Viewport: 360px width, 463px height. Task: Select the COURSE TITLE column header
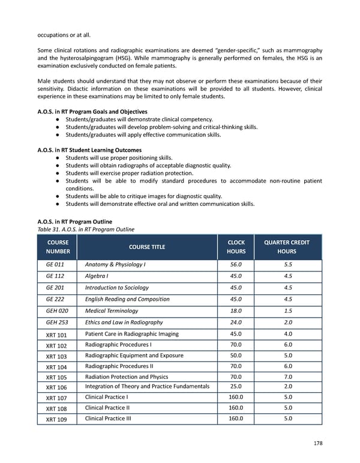click(x=147, y=247)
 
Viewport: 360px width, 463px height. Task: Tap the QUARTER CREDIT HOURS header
click(x=287, y=247)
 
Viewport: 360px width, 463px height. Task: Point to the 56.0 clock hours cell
click(x=235, y=264)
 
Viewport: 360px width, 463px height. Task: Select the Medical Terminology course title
click(x=112, y=310)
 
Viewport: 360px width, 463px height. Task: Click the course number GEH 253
click(x=56, y=322)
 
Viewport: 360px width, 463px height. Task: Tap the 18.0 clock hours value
click(x=235, y=310)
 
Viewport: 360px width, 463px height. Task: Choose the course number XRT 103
click(x=56, y=356)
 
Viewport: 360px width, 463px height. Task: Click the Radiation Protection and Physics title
click(x=127, y=377)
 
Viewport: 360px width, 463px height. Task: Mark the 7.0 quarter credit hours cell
click(x=287, y=377)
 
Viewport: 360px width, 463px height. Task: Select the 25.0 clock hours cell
click(x=235, y=386)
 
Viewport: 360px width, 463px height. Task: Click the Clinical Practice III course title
click(x=108, y=419)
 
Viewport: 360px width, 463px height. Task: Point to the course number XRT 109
click(x=56, y=420)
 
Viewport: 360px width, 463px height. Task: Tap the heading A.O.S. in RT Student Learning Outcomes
click(x=89, y=150)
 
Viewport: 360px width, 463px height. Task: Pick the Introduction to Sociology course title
click(x=117, y=288)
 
